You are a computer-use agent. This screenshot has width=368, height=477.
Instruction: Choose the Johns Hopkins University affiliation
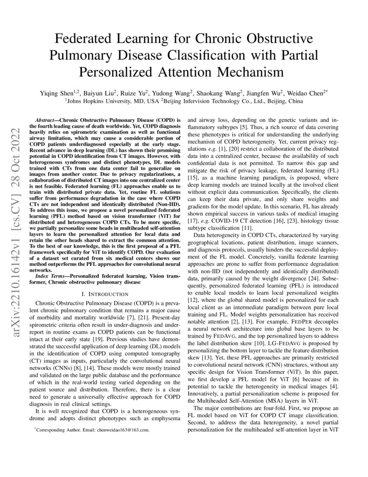(101, 101)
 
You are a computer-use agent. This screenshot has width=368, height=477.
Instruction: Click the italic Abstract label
(45, 118)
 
